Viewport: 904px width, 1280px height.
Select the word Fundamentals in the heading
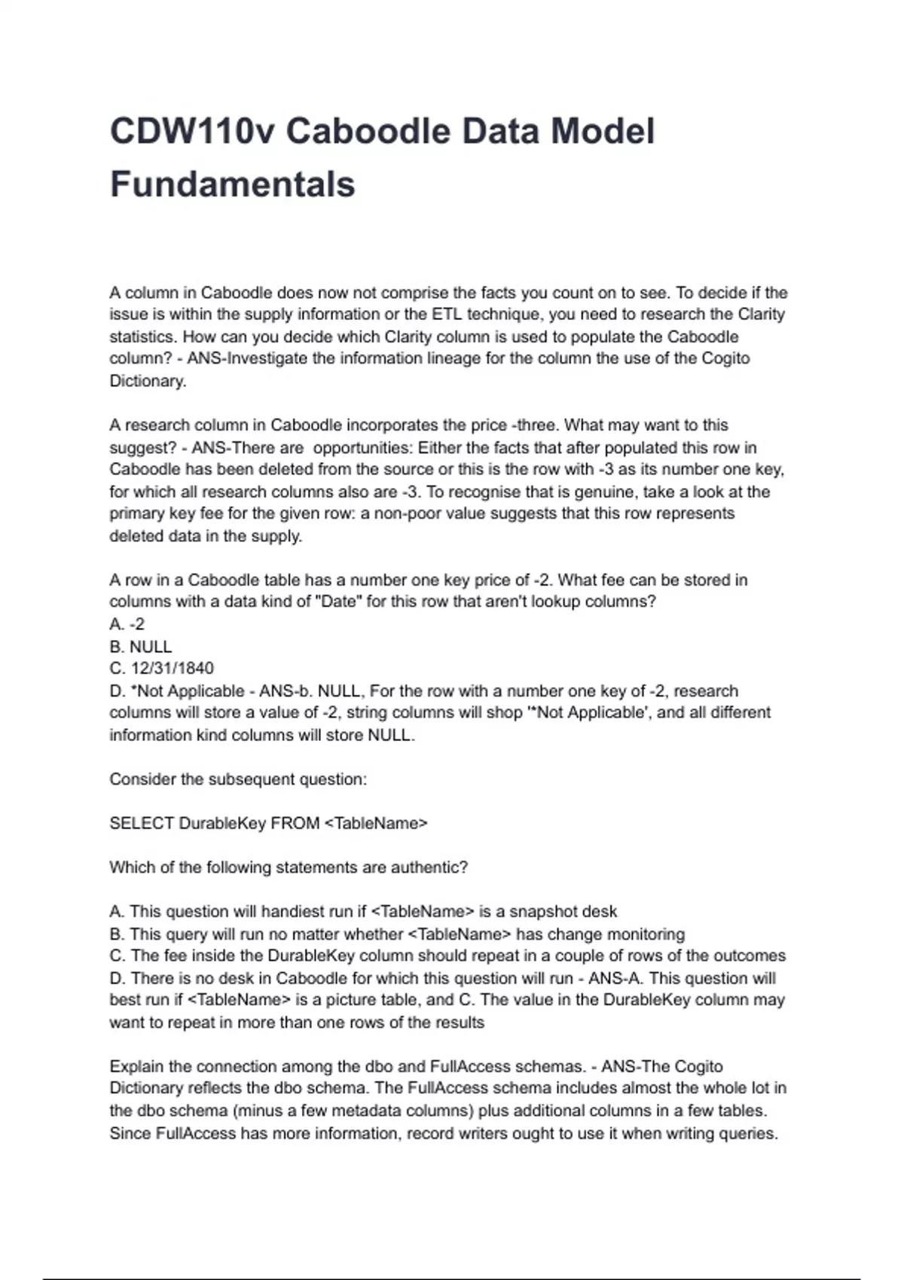232,184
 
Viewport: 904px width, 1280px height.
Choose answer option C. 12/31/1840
161,669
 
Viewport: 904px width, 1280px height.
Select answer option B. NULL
141,647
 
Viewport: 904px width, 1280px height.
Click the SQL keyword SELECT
142,824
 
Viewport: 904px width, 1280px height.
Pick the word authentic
429,867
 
